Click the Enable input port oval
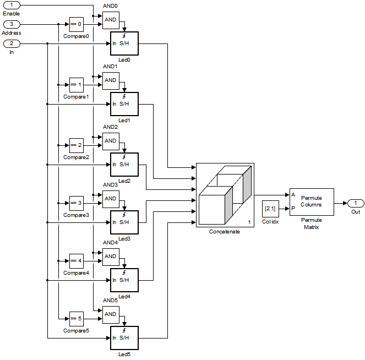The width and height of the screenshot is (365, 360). pos(12,5)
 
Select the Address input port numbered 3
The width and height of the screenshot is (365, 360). pos(12,24)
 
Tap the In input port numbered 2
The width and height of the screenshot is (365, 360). pos(12,43)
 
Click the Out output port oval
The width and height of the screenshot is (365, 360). pos(355,203)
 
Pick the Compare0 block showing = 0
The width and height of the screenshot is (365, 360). pos(77,24)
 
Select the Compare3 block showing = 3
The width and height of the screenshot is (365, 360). pos(77,203)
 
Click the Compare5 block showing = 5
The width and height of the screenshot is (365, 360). pos(77,319)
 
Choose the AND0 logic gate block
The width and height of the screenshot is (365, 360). pos(111,20)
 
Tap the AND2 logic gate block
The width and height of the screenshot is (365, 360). pos(111,141)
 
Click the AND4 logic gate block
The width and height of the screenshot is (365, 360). pos(111,257)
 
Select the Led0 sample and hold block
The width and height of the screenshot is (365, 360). pos(124,43)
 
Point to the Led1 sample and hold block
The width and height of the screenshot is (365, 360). pos(124,104)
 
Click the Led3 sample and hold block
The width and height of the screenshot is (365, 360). pos(124,222)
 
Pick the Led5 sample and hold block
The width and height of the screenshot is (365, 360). pos(124,338)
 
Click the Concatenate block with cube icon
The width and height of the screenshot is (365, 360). pos(225,195)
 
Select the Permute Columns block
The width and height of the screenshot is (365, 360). pos(311,201)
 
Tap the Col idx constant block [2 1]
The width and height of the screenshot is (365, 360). pos(270,209)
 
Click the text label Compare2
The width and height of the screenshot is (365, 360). pos(76,157)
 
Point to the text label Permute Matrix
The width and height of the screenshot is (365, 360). pos(311,223)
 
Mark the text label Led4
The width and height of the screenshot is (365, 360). pos(124,297)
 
